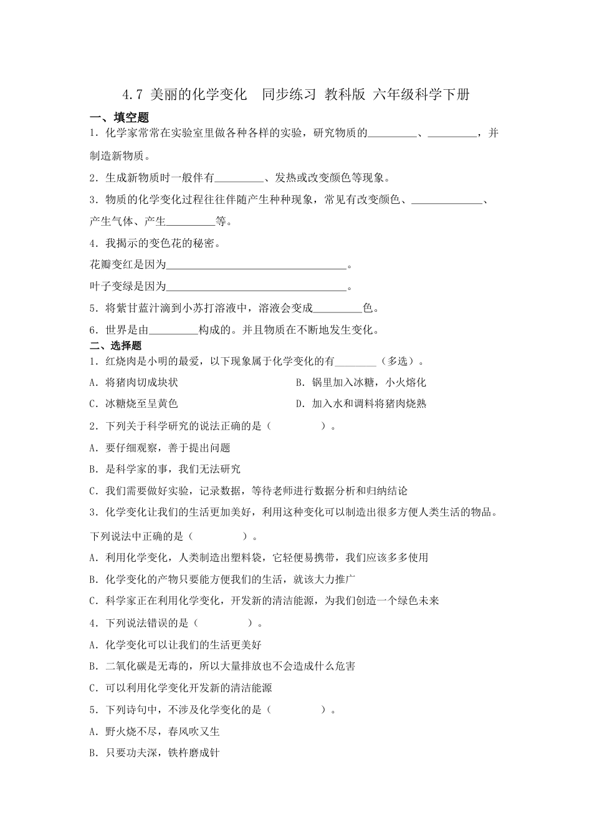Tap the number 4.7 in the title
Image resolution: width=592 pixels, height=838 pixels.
[x=133, y=95]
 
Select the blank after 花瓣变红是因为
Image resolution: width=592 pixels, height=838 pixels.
[x=256, y=266]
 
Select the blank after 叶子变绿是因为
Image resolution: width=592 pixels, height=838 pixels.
[x=256, y=287]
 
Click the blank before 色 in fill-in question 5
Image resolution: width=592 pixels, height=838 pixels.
[x=337, y=309]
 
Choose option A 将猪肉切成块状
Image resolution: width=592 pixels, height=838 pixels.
[x=134, y=382]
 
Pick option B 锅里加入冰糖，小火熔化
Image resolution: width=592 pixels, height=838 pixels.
[x=361, y=382]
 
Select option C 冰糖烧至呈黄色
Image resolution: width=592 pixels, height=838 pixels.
[x=134, y=404]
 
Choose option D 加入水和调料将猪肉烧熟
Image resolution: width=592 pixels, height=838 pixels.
[x=361, y=404]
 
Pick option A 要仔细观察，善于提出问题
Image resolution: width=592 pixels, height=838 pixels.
[x=160, y=448]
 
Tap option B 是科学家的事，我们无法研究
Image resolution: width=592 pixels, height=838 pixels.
[x=165, y=470]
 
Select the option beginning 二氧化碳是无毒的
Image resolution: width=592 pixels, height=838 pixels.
[x=222, y=667]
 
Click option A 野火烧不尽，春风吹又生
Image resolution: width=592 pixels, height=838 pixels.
[x=155, y=731]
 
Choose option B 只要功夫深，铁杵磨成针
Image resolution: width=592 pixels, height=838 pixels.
[x=155, y=753]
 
